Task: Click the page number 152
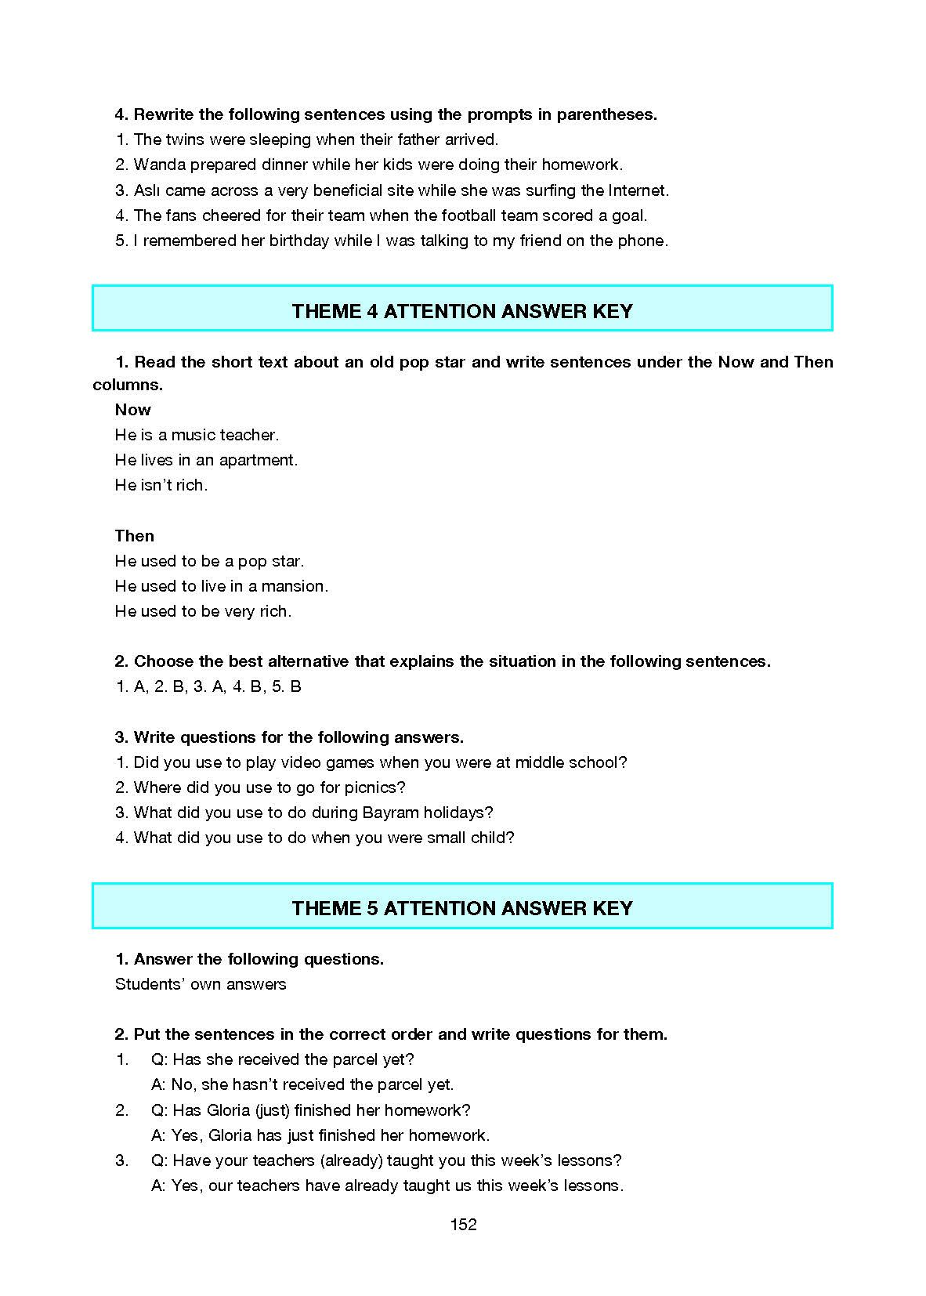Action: click(x=463, y=1225)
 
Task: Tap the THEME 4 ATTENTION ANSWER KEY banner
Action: click(x=462, y=311)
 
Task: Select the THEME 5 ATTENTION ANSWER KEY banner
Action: click(x=462, y=908)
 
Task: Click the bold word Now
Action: click(x=132, y=410)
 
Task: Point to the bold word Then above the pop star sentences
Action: click(x=134, y=536)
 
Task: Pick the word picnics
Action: click(x=374, y=787)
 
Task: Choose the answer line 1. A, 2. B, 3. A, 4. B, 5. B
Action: click(x=208, y=686)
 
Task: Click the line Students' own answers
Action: click(x=201, y=984)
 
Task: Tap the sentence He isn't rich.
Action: click(x=161, y=485)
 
